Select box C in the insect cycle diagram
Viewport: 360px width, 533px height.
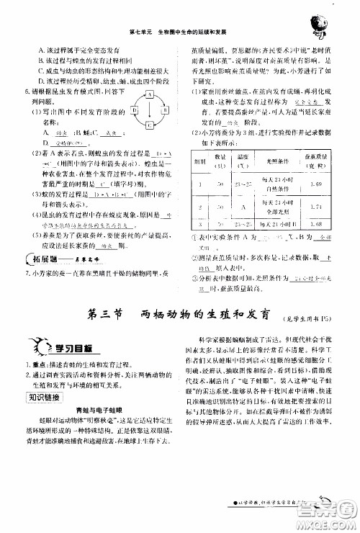[x=149, y=125]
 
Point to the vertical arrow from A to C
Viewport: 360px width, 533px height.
[x=149, y=109]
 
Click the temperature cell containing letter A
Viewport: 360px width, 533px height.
[x=240, y=207]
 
